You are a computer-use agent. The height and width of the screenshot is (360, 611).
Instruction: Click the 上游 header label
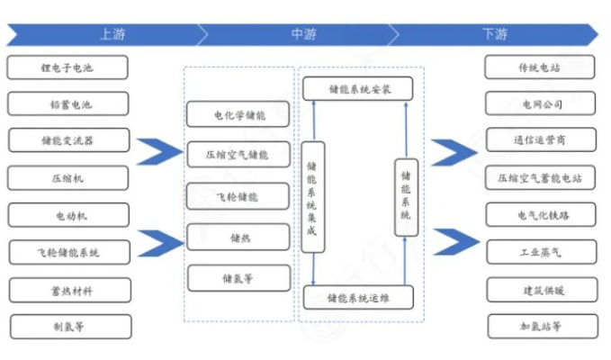112,34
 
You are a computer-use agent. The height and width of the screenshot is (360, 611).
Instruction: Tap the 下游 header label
494,34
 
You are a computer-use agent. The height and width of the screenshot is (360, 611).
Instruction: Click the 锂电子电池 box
68,67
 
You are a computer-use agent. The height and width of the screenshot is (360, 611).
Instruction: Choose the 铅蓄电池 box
68,104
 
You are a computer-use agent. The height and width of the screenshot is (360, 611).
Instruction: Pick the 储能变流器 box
68,140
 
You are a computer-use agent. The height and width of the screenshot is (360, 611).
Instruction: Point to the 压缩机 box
68,178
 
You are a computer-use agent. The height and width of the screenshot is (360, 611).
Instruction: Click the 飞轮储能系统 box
68,253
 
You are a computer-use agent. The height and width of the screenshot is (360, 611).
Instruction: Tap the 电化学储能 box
238,115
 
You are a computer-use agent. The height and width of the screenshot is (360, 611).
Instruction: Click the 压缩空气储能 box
238,155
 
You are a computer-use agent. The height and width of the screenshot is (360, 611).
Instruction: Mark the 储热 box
238,238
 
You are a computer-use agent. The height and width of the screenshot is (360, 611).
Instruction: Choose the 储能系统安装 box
357,88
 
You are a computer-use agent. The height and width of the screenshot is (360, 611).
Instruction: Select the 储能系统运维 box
357,297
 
